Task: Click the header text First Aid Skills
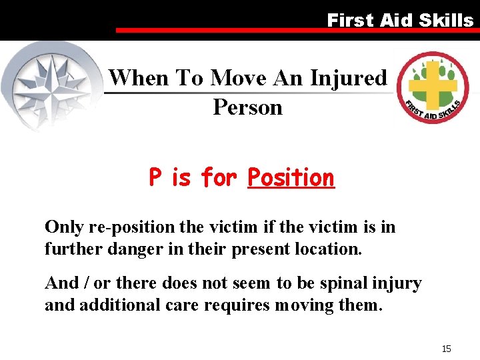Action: coord(400,20)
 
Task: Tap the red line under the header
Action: coord(293,31)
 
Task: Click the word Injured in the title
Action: coord(348,78)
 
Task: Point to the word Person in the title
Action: coord(248,107)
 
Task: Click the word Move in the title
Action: coord(241,78)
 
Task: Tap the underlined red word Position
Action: coord(291,177)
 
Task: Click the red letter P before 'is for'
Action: coord(155,177)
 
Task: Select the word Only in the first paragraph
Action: coord(63,227)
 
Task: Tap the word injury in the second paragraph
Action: coord(397,283)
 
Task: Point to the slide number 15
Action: coord(446,349)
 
